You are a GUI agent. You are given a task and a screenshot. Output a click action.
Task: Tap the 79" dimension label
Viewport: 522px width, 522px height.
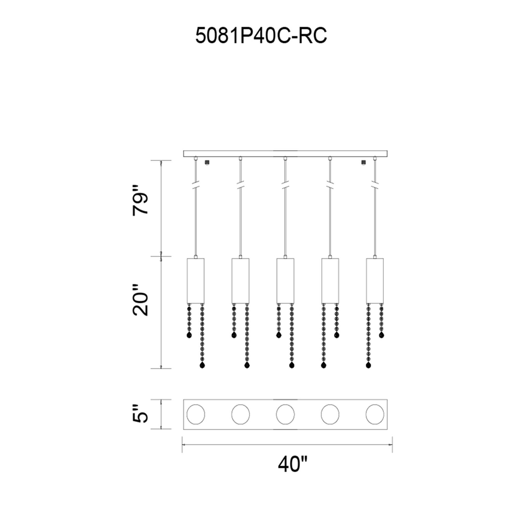click(140, 200)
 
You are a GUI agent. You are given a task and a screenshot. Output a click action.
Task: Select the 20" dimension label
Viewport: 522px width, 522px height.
click(140, 300)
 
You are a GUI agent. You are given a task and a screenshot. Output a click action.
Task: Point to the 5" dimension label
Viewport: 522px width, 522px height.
click(140, 421)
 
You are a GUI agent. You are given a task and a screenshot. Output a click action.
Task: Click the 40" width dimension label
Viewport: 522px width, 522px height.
click(293, 464)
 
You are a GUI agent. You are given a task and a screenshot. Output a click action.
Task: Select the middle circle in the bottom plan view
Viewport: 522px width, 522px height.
click(285, 422)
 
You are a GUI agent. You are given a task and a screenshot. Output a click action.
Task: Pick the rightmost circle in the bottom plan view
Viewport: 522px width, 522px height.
click(375, 422)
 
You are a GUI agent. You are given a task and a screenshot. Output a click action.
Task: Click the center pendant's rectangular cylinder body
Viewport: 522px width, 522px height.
click(285, 281)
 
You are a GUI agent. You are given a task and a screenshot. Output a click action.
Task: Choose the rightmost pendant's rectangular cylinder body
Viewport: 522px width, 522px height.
click(375, 281)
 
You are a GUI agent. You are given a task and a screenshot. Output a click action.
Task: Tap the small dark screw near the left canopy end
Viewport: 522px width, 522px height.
click(207, 162)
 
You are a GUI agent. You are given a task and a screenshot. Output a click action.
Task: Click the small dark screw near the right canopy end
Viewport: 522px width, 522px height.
click(363, 162)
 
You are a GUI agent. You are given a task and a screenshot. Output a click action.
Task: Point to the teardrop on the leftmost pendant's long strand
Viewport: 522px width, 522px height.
click(202, 365)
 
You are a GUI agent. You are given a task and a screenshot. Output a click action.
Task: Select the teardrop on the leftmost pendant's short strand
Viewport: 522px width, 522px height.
click(189, 335)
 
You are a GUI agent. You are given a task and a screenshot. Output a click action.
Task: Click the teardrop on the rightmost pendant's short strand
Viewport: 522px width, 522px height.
click(381, 335)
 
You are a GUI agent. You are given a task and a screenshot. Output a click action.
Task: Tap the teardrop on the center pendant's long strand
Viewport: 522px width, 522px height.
click(292, 365)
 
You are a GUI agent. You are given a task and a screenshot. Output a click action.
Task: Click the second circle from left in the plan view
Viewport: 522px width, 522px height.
click(240, 422)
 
